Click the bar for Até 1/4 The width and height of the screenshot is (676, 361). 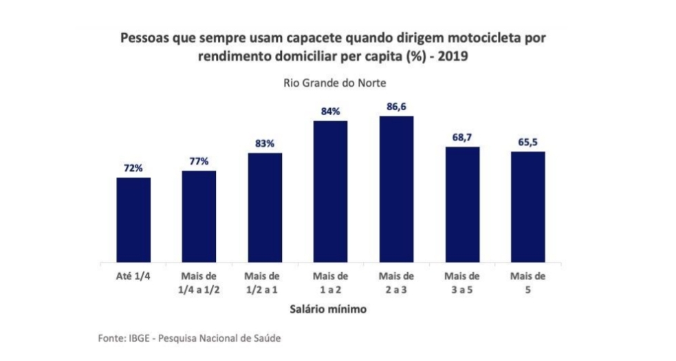pos(133,220)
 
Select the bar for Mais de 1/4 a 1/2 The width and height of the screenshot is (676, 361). pos(199,216)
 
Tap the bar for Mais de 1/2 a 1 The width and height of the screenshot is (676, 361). pos(265,207)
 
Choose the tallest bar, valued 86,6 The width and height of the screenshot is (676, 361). pos(396,189)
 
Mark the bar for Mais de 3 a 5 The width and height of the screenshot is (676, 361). pos(462,205)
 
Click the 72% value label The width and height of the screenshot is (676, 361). pos(133,168)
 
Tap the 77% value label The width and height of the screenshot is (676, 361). pos(199,161)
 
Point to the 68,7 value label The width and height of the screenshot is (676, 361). pos(462,138)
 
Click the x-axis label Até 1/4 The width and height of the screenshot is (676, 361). pos(133,277)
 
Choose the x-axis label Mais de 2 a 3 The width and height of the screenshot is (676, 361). pos(396,282)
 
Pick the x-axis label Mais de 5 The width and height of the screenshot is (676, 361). pos(527,282)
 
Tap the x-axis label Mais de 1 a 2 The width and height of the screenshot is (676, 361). pos(331,282)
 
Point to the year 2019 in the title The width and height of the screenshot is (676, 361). pos(453,57)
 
